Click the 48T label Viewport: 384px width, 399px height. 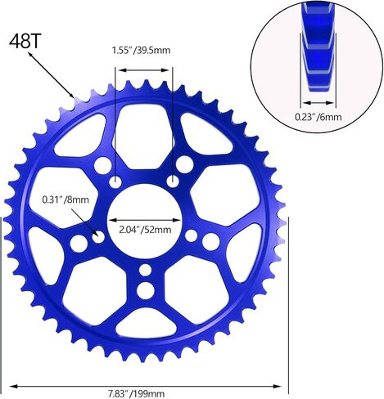tap(25, 42)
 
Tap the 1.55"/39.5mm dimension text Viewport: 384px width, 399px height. tap(141, 51)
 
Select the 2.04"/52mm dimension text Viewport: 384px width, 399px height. tap(145, 230)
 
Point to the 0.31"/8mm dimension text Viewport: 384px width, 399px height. tap(66, 199)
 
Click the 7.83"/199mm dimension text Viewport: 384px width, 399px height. tap(136, 394)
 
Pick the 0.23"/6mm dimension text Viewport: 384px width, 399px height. tap(318, 117)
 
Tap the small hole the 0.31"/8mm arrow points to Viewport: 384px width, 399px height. tap(98, 237)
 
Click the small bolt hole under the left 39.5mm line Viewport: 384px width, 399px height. tap(115, 182)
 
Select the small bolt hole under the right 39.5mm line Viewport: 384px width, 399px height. tap(173, 182)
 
